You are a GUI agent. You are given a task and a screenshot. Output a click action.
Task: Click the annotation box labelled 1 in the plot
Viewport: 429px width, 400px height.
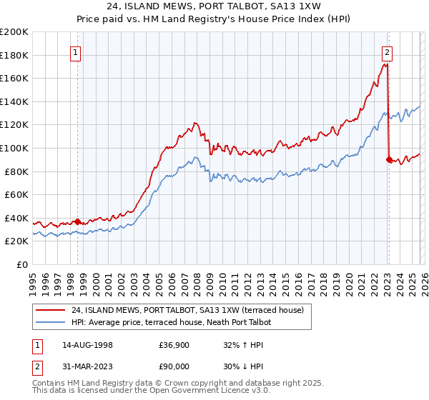point(76,51)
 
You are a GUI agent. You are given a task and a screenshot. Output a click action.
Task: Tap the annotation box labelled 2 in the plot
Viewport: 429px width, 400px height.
point(387,51)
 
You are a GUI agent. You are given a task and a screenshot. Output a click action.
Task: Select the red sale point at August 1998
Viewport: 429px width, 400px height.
point(77,221)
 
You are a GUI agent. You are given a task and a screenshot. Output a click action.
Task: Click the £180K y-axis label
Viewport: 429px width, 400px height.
point(14,55)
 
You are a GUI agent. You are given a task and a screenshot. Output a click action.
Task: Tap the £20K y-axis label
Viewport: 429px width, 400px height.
point(16,241)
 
